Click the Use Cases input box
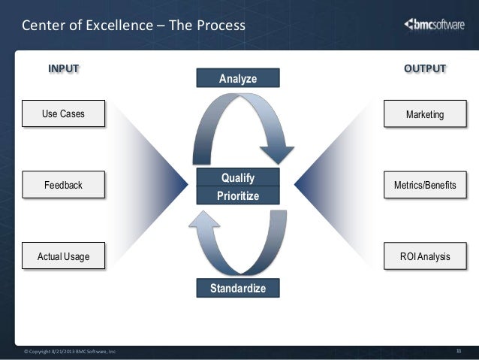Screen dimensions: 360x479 (63, 114)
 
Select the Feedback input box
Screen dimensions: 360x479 (63, 184)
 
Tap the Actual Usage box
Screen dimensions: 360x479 (63, 256)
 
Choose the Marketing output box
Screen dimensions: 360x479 (425, 114)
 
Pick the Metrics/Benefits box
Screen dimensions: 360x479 (425, 184)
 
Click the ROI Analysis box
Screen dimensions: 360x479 (425, 256)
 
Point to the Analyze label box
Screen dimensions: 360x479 (237, 78)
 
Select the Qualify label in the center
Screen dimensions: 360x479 (237, 178)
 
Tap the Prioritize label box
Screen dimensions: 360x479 (237, 195)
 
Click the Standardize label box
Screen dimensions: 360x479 (237, 288)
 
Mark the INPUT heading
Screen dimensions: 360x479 (64, 69)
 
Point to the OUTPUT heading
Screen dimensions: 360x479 (425, 69)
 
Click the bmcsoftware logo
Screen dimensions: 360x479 (435, 24)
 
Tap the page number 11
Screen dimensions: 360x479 (459, 350)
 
